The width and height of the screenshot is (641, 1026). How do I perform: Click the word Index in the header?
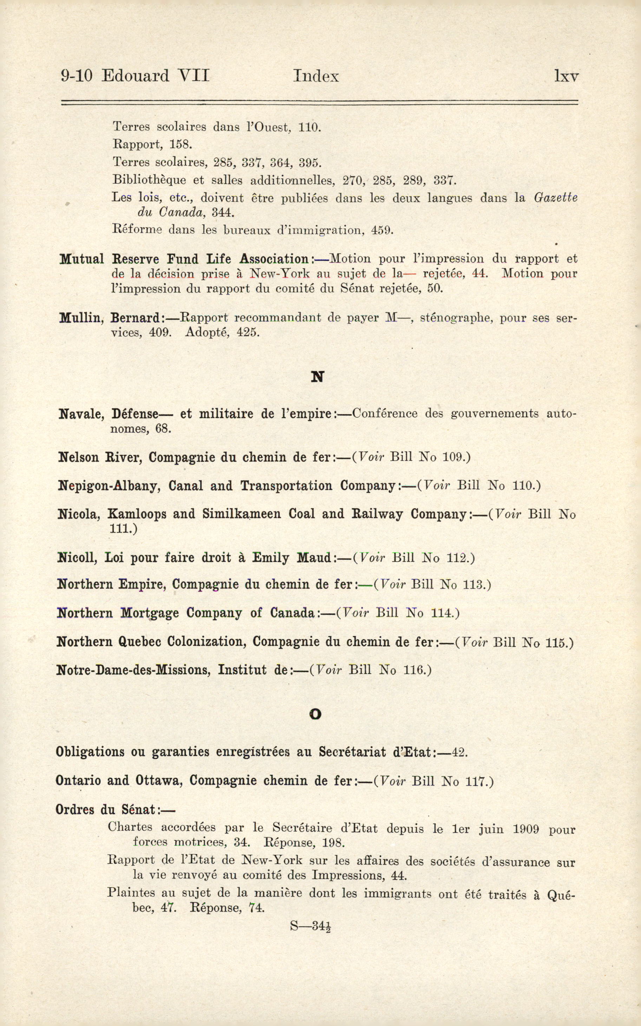tap(316, 76)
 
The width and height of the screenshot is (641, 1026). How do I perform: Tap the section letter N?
tap(317, 377)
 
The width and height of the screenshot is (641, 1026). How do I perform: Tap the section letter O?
tap(315, 715)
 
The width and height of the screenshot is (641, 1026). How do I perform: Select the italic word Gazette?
tap(555, 198)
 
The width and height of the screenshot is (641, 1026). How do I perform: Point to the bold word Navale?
tap(81, 414)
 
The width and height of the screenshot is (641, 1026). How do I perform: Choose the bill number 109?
tap(454, 457)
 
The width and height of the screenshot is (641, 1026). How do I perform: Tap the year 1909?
tap(526, 828)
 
